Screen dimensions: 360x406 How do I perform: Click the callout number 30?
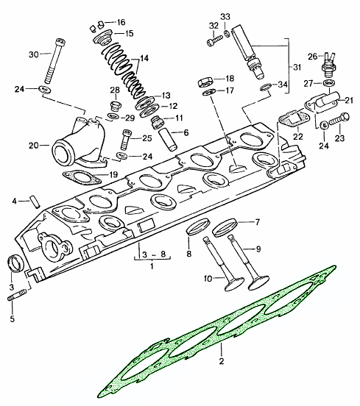33,54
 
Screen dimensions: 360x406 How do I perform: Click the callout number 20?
33,146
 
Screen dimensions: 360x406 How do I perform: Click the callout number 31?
297,68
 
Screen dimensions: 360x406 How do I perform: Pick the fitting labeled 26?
328,65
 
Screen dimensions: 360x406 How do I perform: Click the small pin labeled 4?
36,202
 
